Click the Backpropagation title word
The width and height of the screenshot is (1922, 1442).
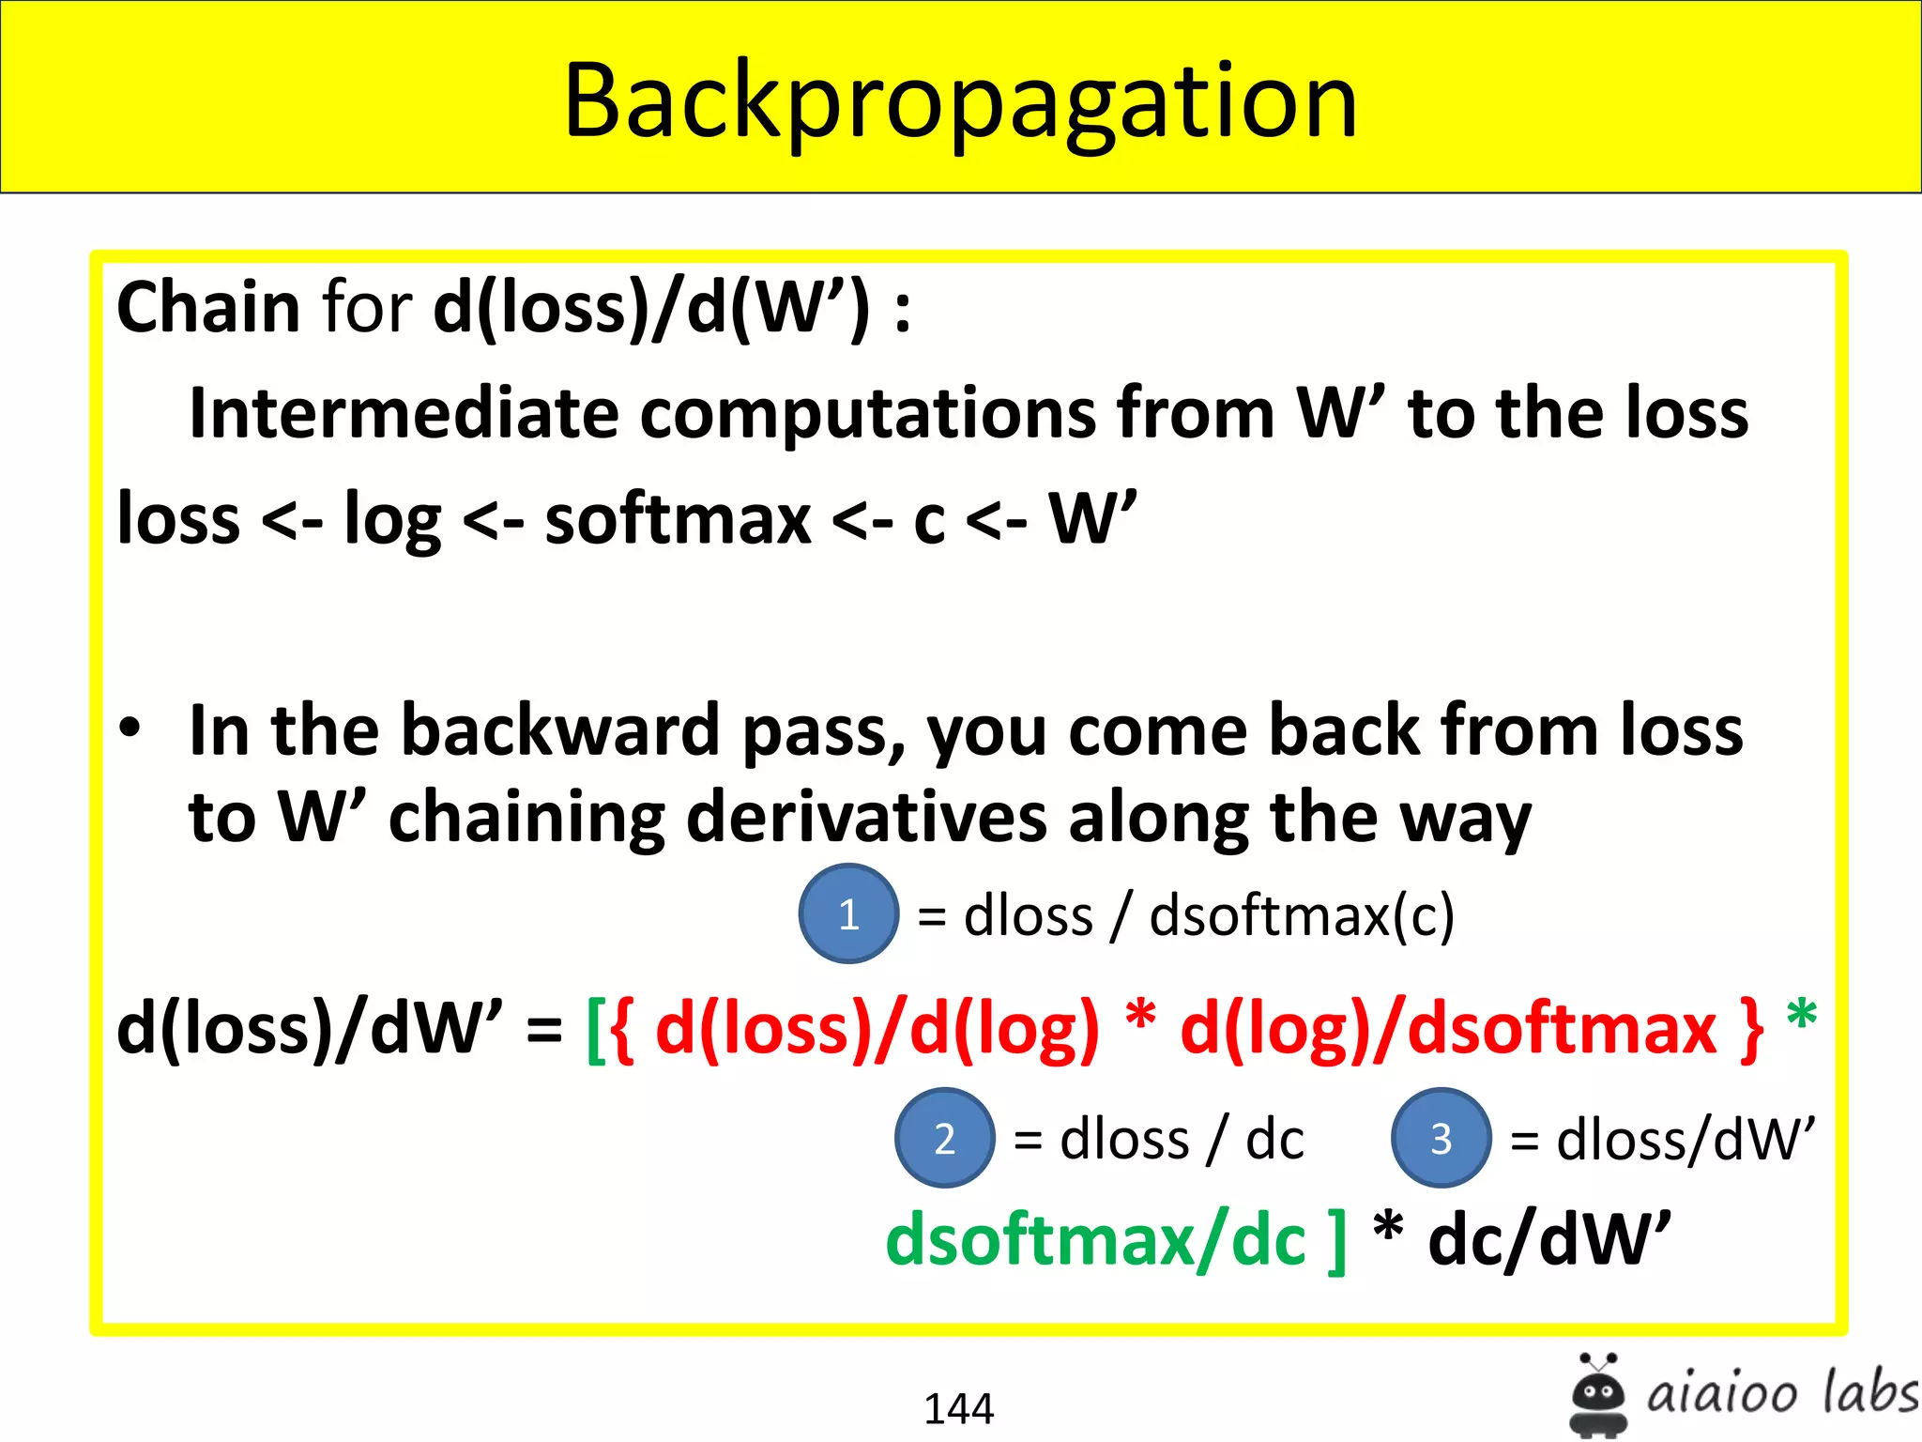click(x=960, y=101)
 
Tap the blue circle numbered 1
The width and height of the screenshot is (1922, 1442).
click(x=848, y=913)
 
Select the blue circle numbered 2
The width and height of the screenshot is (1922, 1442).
click(x=944, y=1138)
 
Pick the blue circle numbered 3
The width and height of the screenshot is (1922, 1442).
click(x=1441, y=1138)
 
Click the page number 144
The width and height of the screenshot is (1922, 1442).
click(x=958, y=1408)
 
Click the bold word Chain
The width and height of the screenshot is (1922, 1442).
click(x=208, y=308)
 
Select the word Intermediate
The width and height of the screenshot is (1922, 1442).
click(x=404, y=413)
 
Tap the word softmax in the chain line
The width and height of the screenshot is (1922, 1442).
click(x=678, y=519)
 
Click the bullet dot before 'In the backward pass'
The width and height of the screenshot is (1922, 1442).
click(x=130, y=728)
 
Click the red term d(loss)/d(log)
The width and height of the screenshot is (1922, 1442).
click(x=877, y=1030)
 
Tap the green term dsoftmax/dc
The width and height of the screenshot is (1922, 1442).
click(x=1095, y=1240)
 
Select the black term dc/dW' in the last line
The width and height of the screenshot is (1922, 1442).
click(x=1549, y=1240)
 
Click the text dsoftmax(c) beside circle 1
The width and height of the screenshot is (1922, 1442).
click(x=1302, y=915)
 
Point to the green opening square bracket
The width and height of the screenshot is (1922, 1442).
click(x=594, y=1030)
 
